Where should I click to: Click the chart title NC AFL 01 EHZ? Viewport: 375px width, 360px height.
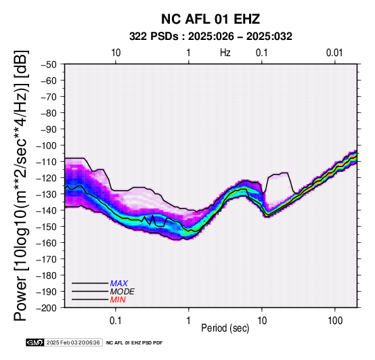point(211,19)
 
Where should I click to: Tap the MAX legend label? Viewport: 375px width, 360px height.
point(119,284)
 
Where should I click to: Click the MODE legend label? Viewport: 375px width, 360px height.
point(123,292)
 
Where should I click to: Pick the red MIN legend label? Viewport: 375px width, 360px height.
point(118,300)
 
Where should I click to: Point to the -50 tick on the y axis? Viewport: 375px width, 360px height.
point(49,64)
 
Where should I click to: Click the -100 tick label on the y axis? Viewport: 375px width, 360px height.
point(47,145)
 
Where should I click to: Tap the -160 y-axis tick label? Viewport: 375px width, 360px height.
point(47,243)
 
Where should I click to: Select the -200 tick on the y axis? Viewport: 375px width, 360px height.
point(47,308)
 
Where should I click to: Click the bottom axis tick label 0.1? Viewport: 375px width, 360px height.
point(116,321)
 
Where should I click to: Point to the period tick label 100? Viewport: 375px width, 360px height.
point(335,321)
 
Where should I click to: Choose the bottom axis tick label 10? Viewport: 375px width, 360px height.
point(262,321)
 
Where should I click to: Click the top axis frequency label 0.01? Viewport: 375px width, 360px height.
point(334,53)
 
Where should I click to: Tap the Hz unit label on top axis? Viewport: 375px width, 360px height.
point(225,53)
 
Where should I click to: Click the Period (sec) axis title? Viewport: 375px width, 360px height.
point(225,328)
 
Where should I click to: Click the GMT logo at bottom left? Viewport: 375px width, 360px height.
point(35,342)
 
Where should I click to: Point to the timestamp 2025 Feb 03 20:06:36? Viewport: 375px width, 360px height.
point(73,343)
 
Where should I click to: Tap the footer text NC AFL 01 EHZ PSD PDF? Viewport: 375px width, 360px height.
point(135,343)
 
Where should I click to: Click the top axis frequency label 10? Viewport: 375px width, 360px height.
point(116,53)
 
